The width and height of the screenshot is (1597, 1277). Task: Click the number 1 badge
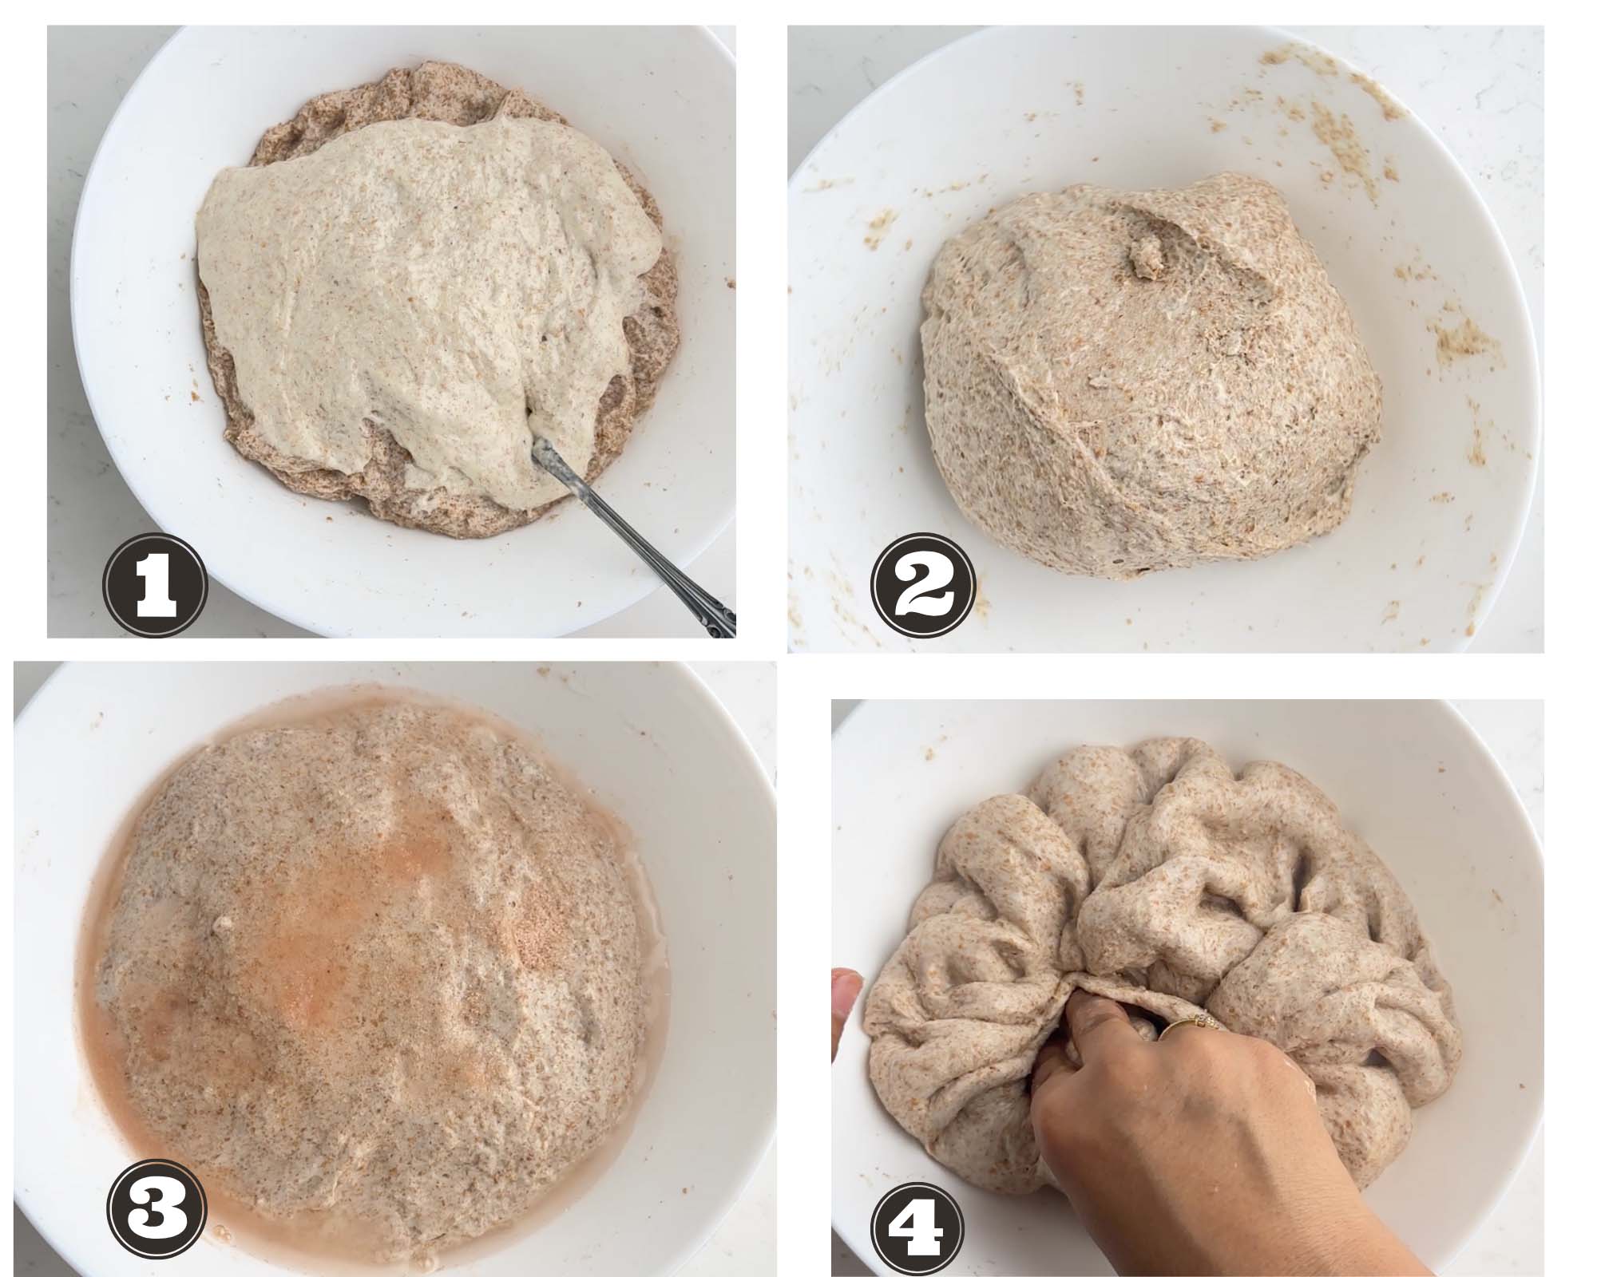[x=156, y=587]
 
